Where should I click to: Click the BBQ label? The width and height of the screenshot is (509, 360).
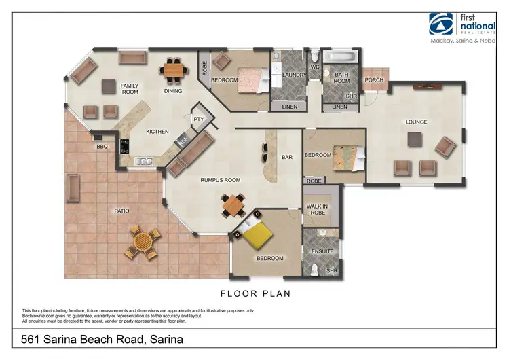click(x=102, y=146)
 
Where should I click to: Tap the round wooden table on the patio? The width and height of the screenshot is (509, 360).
click(x=143, y=242)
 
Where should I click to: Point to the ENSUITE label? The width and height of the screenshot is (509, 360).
click(x=322, y=251)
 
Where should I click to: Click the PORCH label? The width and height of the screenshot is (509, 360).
click(x=374, y=79)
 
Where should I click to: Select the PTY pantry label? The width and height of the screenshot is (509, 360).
click(x=198, y=119)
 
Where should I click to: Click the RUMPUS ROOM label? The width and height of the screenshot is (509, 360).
click(x=221, y=180)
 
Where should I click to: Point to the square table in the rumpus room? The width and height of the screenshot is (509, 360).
click(x=233, y=202)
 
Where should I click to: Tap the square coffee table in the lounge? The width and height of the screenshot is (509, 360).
click(x=416, y=139)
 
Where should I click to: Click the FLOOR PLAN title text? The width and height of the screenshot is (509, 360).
click(x=256, y=294)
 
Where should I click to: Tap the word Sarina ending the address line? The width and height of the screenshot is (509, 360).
click(x=166, y=339)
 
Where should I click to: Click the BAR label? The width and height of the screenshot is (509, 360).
click(x=286, y=157)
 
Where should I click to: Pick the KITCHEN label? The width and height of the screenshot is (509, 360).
click(x=157, y=132)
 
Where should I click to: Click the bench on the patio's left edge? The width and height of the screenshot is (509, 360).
click(x=73, y=187)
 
